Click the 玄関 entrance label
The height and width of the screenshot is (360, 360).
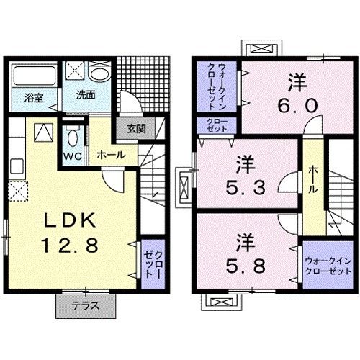coord(136,130)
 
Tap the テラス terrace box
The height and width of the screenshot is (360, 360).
coord(86,305)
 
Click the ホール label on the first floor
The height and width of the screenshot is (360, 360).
coord(111,154)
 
